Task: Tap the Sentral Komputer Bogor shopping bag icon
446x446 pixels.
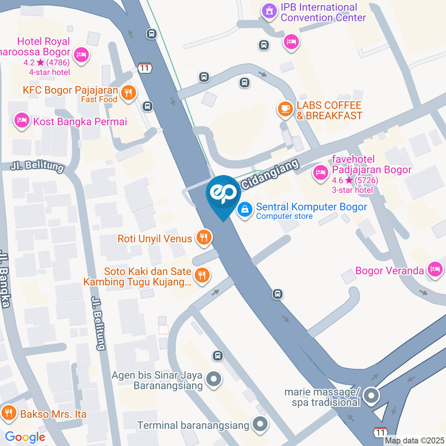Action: [x=243, y=210]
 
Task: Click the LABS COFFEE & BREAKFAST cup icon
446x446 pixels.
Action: [x=284, y=109]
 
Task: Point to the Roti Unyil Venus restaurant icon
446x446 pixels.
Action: [x=203, y=238]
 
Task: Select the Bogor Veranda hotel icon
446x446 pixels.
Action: [x=435, y=269]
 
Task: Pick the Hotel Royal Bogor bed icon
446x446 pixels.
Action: [x=82, y=55]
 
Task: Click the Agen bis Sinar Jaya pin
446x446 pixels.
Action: [x=214, y=379]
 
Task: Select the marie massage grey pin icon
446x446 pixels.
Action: [x=371, y=396]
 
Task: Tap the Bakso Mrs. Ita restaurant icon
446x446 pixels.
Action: [x=8, y=413]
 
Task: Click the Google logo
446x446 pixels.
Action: [x=25, y=437]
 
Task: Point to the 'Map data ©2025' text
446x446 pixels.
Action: [x=414, y=440]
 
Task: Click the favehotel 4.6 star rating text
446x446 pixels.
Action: [x=355, y=181]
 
